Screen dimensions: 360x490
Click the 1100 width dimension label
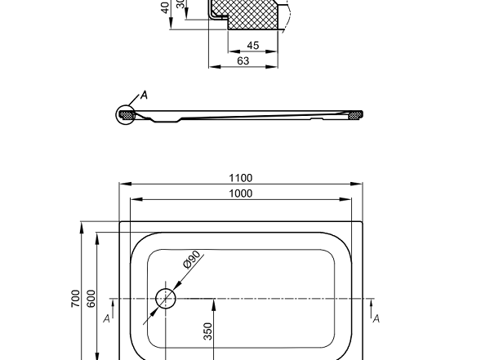(241, 178)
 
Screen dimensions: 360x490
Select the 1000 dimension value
(241, 193)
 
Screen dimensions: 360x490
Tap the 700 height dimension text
(75, 299)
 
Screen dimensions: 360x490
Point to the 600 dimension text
(91, 299)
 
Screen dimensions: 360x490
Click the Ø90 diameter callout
(192, 260)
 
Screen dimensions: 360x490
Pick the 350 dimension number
(207, 331)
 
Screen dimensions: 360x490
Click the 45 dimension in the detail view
(253, 46)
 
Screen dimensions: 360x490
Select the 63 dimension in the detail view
(243, 60)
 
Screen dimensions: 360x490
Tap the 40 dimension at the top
(166, 7)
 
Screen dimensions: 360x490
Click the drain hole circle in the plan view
(166, 298)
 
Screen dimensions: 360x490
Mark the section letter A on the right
(376, 318)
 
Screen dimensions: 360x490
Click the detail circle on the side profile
(126, 115)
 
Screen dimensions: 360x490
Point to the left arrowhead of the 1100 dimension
(122, 184)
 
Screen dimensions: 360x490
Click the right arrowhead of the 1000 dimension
(350, 199)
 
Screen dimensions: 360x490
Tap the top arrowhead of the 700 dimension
(81, 225)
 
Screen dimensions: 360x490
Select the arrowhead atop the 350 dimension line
(213, 302)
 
